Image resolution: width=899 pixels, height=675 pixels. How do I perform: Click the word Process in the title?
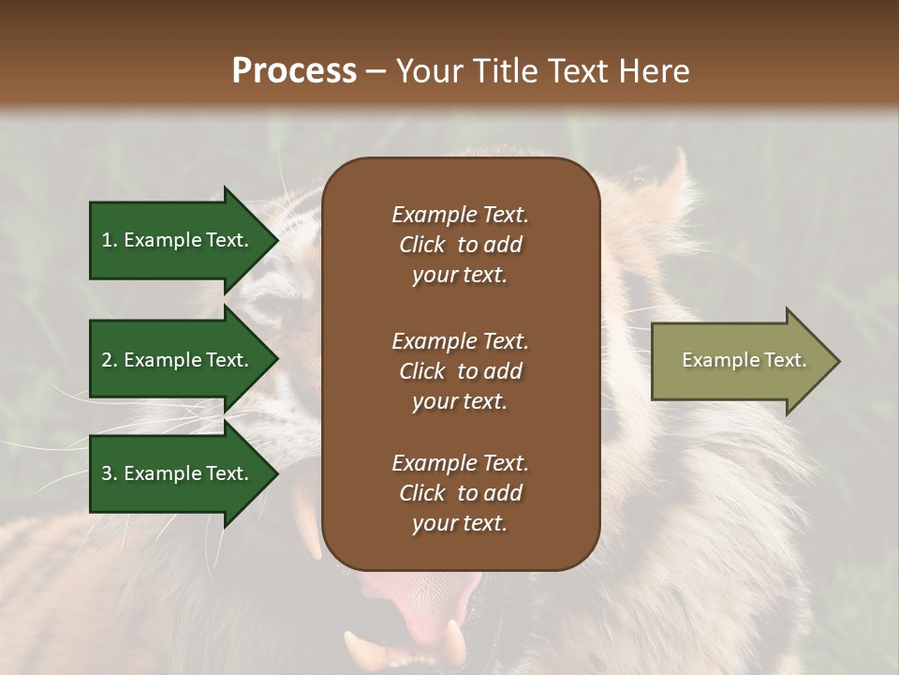tap(294, 71)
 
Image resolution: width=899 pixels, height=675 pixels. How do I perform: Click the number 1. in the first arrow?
tap(110, 240)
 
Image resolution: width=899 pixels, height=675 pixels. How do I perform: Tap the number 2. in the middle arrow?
tap(110, 360)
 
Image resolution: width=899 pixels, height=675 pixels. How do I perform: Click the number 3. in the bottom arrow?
tap(110, 473)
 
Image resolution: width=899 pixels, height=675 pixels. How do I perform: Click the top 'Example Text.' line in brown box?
tap(460, 215)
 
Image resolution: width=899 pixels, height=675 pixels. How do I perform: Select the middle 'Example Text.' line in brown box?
tap(460, 341)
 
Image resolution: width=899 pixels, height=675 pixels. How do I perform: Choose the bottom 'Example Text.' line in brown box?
tap(460, 463)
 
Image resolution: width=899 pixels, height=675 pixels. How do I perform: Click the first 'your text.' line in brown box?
tap(460, 276)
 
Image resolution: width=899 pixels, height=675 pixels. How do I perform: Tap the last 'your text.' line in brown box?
tap(460, 524)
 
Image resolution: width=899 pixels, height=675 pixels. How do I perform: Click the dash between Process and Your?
tap(376, 72)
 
